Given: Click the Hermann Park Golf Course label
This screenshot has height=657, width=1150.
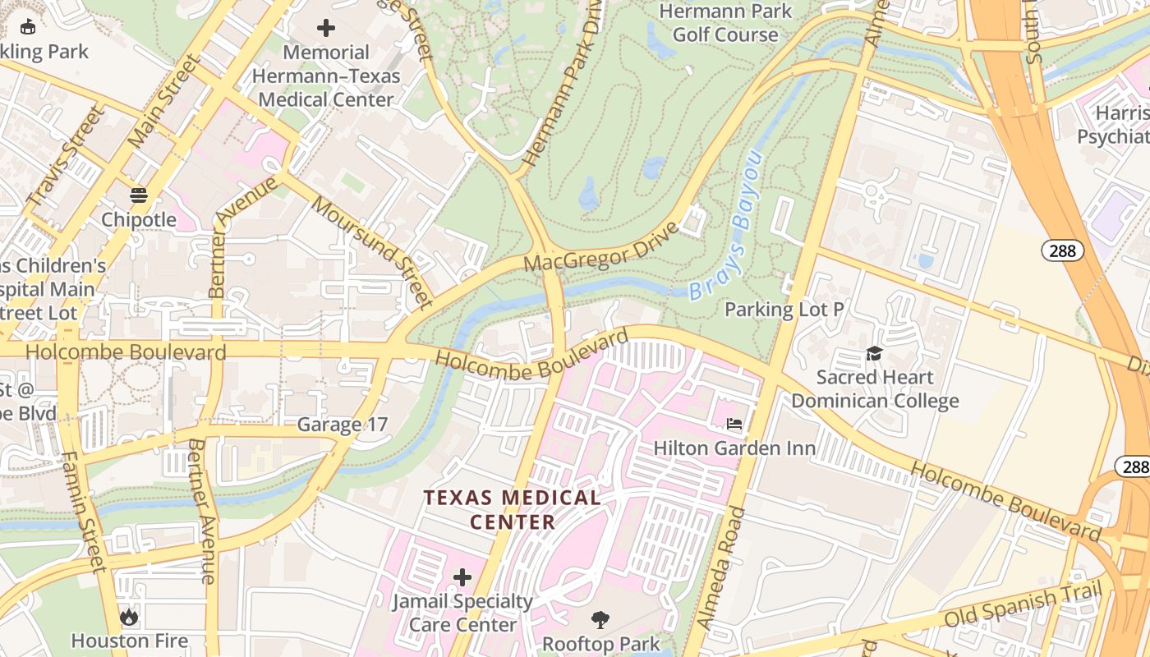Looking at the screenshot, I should click(725, 23).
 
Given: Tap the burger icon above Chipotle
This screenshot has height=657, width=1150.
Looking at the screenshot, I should click(138, 195).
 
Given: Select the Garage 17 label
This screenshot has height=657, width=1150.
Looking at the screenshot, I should click(341, 425).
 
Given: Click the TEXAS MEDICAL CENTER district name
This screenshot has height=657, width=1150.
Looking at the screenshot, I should click(512, 509).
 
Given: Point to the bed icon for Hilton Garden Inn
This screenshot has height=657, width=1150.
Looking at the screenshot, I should click(734, 424).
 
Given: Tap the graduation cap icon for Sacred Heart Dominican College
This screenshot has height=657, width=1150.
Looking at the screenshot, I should click(874, 353).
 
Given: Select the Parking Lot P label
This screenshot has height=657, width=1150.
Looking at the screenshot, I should click(784, 310).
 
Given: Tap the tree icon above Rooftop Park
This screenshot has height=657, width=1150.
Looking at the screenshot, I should click(600, 619).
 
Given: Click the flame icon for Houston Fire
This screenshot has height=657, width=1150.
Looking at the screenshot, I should click(129, 616).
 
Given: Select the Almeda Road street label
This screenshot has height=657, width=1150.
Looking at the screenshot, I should click(720, 567).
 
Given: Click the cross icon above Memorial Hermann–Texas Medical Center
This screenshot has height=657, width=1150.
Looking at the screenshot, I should click(326, 28).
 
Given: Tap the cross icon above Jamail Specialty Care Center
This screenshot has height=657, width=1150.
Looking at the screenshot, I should click(462, 577).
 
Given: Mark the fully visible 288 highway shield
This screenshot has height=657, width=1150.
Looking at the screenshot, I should click(1062, 250).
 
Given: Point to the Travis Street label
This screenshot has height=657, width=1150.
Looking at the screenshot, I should click(66, 156).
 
